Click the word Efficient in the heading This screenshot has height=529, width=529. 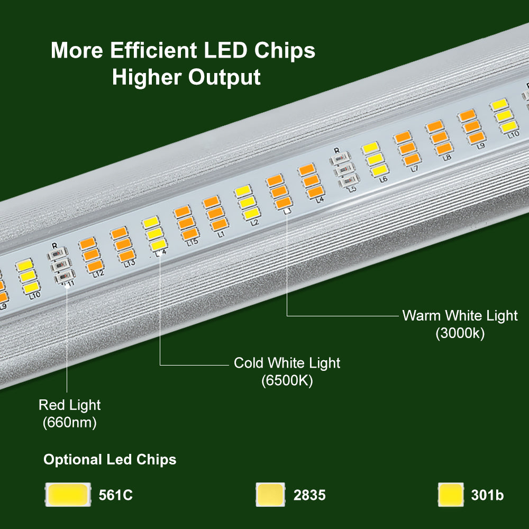pyautogui.click(x=150, y=51)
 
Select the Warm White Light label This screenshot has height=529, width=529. pyautogui.click(x=460, y=316)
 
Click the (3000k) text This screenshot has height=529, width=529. pyautogui.click(x=460, y=334)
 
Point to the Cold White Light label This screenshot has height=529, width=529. pyautogui.click(x=287, y=363)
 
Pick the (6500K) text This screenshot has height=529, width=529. pyautogui.click(x=287, y=380)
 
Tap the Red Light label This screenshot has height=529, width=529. pyautogui.click(x=69, y=405)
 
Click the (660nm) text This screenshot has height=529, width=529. pyautogui.click(x=69, y=423)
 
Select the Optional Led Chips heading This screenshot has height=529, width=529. pyautogui.click(x=110, y=460)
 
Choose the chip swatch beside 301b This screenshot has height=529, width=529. pyautogui.click(x=451, y=495)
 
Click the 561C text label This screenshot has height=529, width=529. pyautogui.click(x=116, y=496)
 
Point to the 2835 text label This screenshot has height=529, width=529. pyautogui.click(x=309, y=496)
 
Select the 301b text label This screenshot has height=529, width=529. pyautogui.click(x=487, y=496)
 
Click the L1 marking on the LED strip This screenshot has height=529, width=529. pyautogui.click(x=221, y=233)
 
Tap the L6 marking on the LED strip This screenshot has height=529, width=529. pyautogui.click(x=384, y=179)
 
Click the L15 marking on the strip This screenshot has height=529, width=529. pyautogui.click(x=192, y=243)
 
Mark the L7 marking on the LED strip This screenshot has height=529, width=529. pyautogui.click(x=414, y=168)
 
